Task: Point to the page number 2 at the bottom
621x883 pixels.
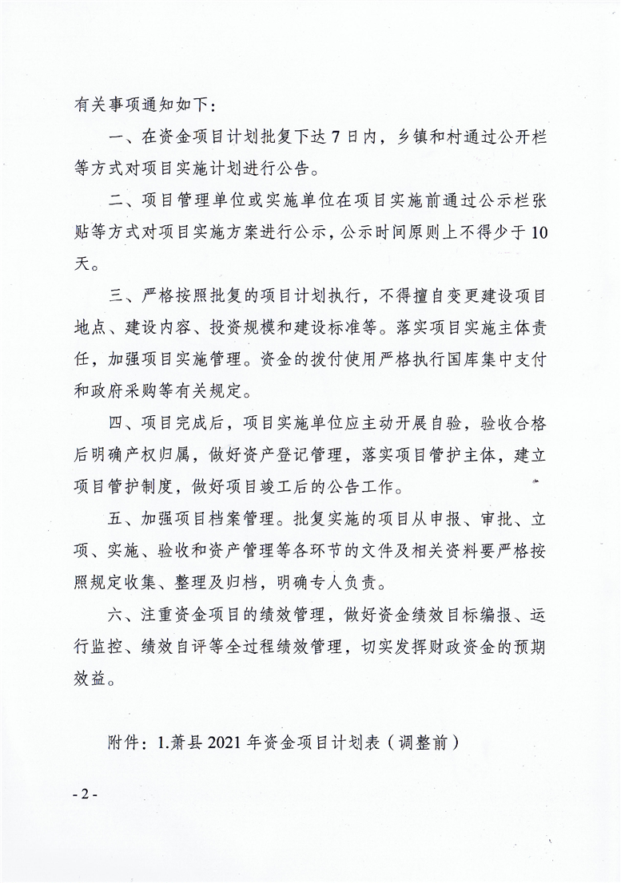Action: (x=84, y=794)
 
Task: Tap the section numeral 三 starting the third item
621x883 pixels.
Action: (x=114, y=297)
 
